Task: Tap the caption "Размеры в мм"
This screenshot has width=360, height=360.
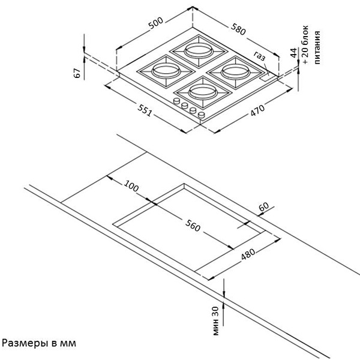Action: (39, 344)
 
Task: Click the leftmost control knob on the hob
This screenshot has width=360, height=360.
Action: (178, 102)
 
